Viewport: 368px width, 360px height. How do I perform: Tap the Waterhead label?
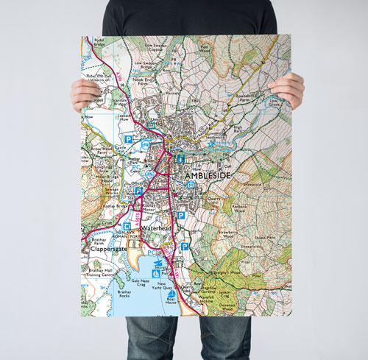(x=156, y=229)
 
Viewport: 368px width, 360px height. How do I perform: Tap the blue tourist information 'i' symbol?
(x=180, y=158)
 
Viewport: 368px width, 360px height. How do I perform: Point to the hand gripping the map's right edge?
(x=287, y=88)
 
